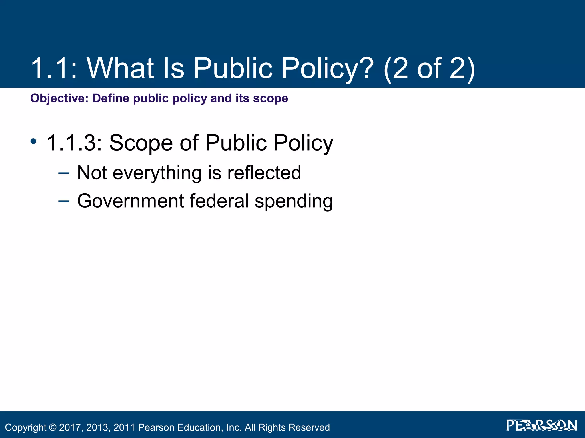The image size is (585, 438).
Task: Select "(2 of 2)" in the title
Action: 429,68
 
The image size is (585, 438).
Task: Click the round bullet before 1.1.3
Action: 33,141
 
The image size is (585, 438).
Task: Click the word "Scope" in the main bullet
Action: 141,143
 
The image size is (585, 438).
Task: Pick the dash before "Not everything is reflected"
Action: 63,173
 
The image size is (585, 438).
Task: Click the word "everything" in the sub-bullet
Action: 157,173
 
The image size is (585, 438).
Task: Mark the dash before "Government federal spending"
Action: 63,201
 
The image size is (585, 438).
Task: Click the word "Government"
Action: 131,201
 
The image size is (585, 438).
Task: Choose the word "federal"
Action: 219,201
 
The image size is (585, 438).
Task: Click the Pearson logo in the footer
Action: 541,425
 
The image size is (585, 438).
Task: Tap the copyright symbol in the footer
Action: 53,427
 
